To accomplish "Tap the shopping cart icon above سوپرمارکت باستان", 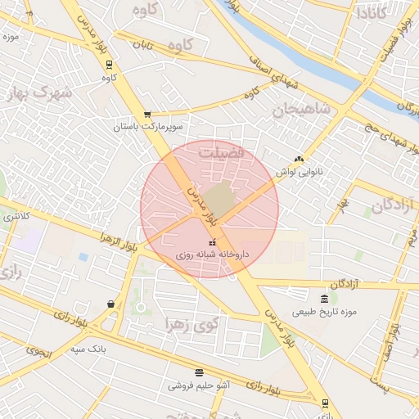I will point(146,115).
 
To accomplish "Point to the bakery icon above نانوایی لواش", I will point(299,160).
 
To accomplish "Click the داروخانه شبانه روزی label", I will point(212,255).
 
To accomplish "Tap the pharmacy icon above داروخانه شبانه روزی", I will point(213,242).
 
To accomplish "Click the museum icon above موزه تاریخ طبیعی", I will point(326,298).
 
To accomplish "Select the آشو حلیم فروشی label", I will point(199,385).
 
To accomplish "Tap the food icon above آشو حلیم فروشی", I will point(199,372).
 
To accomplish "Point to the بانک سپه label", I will point(88,349).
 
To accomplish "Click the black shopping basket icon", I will point(110,304).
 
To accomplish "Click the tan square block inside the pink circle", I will point(218,200).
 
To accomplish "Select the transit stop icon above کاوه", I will point(108,65).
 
